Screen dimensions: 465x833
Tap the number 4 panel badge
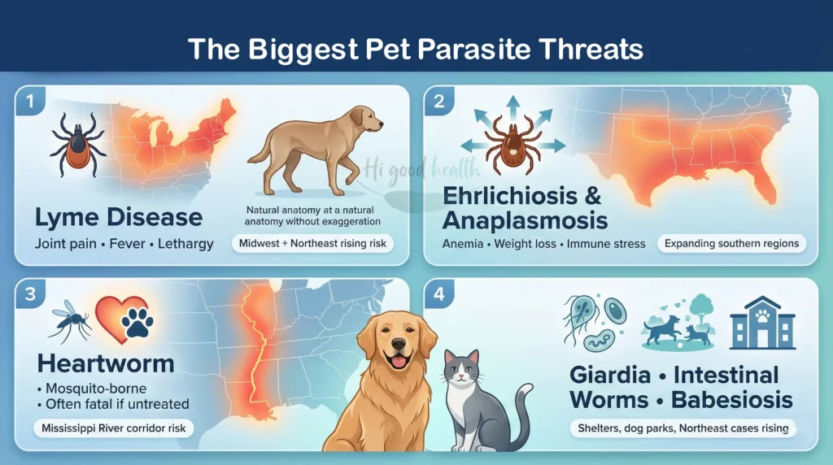[438, 293]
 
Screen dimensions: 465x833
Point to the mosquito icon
[68, 319]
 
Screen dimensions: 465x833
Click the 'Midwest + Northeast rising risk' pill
[312, 243]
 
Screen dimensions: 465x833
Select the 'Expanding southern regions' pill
[731, 243]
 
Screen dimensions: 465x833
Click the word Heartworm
[104, 363]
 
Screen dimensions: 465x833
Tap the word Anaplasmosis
[526, 219]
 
